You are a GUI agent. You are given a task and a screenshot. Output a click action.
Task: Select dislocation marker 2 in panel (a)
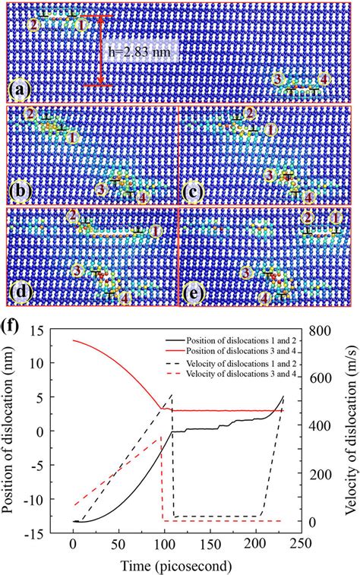coord(32,24)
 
